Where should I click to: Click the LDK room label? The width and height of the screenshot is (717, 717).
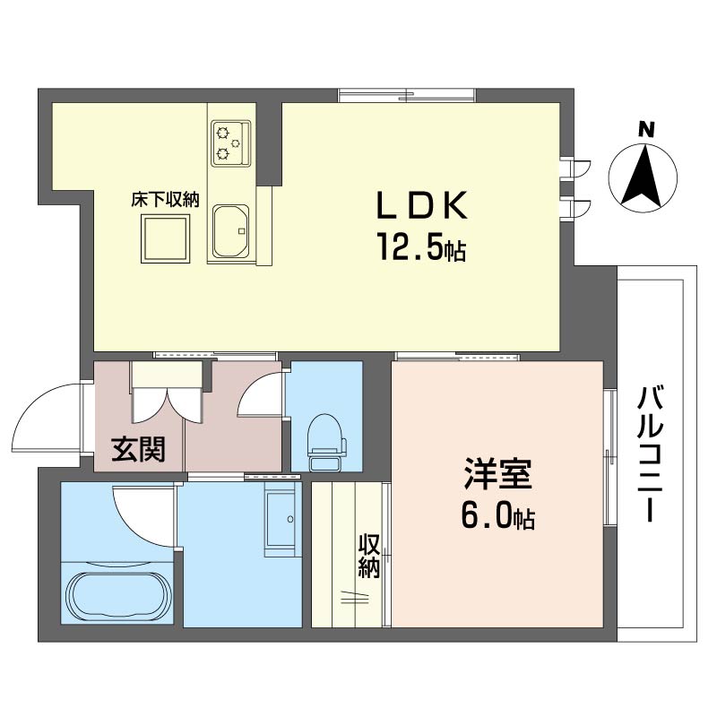point(421,205)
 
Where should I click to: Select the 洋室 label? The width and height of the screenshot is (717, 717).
point(497,473)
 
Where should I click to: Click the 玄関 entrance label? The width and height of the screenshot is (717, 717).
point(138,449)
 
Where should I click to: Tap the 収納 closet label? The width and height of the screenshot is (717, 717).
point(369,556)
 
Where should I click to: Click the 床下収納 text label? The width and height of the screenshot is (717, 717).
point(166,200)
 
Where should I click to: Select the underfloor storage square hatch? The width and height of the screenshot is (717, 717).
point(165,238)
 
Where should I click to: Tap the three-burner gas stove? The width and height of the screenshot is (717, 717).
point(231,143)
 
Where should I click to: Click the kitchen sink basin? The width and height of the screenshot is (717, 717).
point(231,231)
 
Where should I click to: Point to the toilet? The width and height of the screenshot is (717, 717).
point(326,442)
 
